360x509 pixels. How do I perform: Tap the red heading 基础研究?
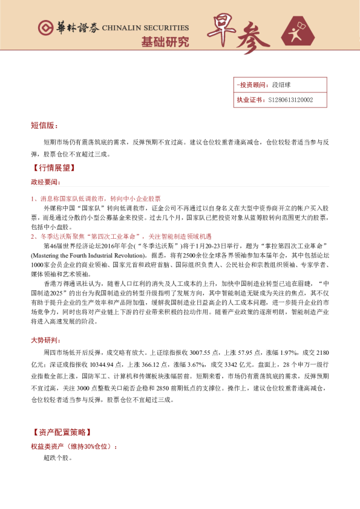[x=165, y=42]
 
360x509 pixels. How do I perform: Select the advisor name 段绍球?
[x=281, y=85]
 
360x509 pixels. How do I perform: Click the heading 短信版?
[x=44, y=125]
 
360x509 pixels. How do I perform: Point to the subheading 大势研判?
[x=45, y=340]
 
